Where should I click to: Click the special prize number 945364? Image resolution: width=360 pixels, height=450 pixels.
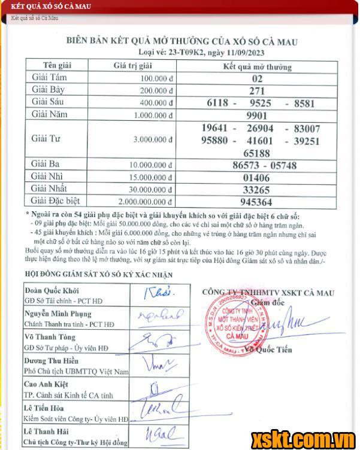(257, 202)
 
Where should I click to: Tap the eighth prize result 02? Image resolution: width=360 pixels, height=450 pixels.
(257, 78)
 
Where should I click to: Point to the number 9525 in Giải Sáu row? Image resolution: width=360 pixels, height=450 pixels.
(260, 103)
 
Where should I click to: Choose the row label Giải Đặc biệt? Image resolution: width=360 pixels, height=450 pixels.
(55, 201)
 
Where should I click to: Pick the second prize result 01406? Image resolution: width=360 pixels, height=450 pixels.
(257, 178)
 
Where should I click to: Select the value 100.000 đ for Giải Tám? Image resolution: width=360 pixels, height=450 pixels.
(157, 78)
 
